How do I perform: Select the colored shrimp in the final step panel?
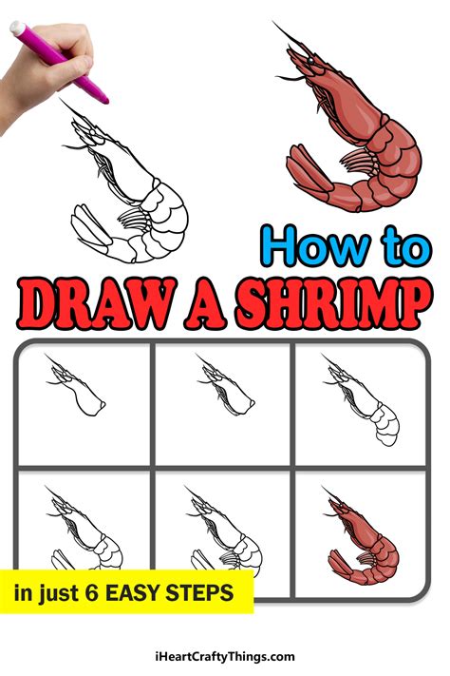366,542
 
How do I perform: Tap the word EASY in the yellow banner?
140,594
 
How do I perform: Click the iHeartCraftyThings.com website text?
225,656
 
